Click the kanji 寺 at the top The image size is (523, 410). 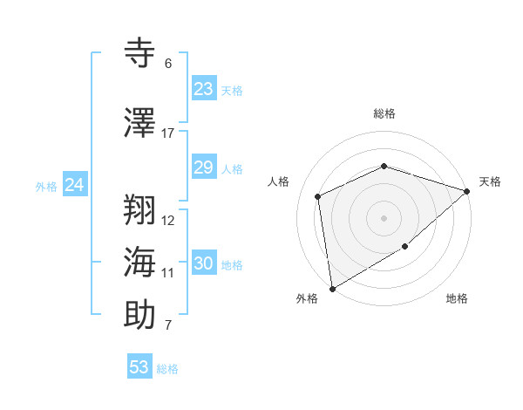pos(140,51)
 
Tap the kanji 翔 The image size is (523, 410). pos(140,208)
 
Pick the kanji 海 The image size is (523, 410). pos(140,261)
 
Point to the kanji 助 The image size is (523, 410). pos(140,314)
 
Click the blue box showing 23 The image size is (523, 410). pos(203,89)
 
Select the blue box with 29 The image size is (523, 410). pos(203,167)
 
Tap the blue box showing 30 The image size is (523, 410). pos(203,263)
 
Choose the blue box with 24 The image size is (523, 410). pos(75,185)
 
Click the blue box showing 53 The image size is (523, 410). pos(139,367)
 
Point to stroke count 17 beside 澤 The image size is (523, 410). pos(167,133)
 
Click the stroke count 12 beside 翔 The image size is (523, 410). pos(167,221)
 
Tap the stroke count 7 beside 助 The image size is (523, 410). pos(167,326)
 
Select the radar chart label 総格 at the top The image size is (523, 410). pos(384,113)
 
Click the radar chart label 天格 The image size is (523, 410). pos(490,181)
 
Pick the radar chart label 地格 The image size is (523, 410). pos(457,299)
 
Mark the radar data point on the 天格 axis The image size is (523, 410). pos(468,191)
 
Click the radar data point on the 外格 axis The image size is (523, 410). pos(332,288)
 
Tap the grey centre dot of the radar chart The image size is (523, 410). pos(384,217)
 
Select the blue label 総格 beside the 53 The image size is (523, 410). pos(167,369)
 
